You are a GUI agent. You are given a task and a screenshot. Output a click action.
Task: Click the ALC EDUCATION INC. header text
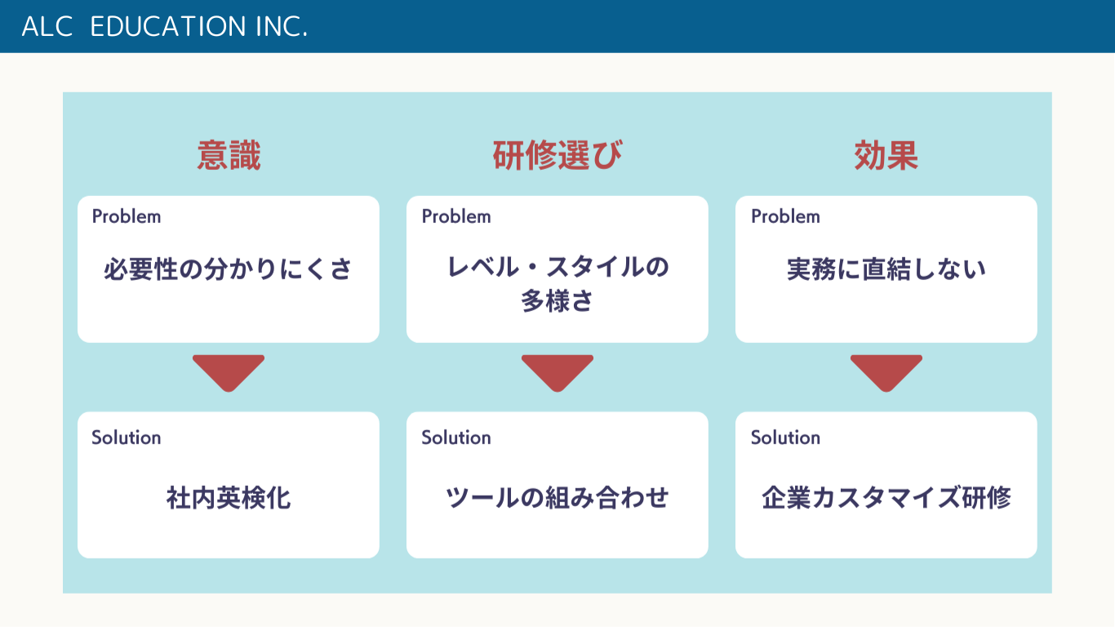165,26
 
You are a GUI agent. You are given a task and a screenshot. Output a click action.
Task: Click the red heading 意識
229,155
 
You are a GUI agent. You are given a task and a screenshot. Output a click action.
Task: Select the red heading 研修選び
557,155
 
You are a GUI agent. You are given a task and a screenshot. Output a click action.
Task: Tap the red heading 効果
886,155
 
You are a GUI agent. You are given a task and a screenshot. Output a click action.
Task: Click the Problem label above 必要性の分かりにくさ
127,216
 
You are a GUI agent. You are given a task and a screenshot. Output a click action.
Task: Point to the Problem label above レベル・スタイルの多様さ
456,216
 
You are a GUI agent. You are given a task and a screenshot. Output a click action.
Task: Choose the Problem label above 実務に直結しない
785,216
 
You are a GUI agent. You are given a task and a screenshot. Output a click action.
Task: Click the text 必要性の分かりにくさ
228,269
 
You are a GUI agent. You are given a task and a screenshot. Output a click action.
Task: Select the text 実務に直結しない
886,269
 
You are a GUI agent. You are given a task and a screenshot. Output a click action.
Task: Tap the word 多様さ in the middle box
557,300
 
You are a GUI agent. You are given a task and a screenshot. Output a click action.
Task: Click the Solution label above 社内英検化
127,438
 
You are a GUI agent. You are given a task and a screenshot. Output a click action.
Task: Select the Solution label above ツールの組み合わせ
456,438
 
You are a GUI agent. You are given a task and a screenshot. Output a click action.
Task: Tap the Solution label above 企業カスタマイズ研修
785,438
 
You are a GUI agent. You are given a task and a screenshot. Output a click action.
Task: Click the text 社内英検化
229,498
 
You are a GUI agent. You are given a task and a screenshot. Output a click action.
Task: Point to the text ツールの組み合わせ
557,498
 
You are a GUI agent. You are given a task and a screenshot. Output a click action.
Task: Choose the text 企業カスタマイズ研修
886,498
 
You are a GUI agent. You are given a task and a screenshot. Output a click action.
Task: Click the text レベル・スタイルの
557,267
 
